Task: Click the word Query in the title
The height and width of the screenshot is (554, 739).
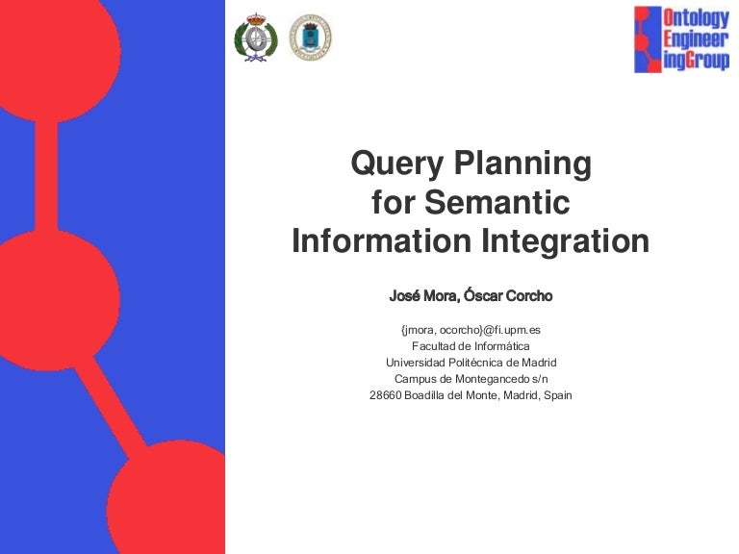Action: pos(396,164)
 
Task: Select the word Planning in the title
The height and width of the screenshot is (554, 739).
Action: pos(522,164)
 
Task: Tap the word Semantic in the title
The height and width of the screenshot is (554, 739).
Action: pos(497,202)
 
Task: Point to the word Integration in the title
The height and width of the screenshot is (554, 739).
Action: pos(565,241)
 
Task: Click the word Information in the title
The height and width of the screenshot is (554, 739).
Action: pos(382,240)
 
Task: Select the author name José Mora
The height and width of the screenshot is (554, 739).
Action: pos(422,296)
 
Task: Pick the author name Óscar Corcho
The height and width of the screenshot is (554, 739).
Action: pos(508,295)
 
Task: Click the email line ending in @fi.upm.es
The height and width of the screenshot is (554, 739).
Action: pos(471,330)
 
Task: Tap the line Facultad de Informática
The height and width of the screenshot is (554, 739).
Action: pos(471,346)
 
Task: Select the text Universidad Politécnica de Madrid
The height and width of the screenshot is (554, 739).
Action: pos(471,363)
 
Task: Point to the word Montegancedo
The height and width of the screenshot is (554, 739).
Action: pos(492,379)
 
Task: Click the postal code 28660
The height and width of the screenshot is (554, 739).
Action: pos(386,395)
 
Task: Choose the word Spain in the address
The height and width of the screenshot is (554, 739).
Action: pos(558,395)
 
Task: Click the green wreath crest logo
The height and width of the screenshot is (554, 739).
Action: pos(256,38)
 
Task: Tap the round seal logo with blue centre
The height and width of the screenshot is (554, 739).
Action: pos(310,38)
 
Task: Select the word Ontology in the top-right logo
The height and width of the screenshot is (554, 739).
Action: pos(696,17)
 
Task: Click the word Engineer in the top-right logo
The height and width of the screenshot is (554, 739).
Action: pos(696,39)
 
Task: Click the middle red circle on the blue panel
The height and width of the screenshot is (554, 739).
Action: pos(57,300)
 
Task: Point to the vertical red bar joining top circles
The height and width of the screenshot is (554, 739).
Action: pos(46,176)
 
